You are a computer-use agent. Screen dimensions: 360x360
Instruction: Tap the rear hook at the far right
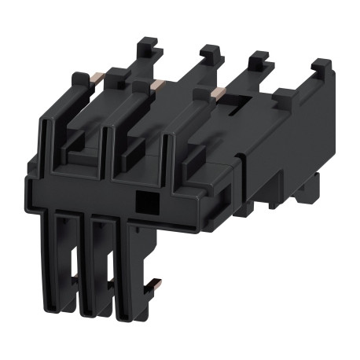pyautogui.click(x=319, y=69)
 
